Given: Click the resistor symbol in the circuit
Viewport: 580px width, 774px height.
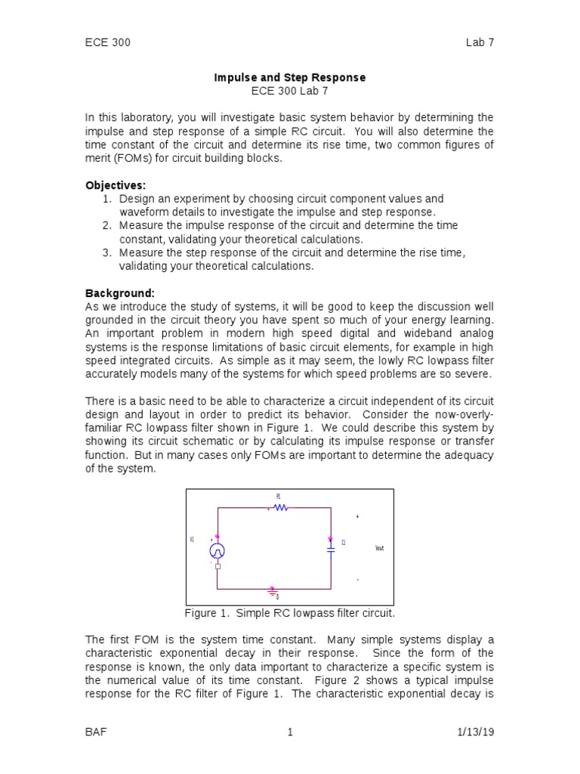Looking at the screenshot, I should pos(280,508).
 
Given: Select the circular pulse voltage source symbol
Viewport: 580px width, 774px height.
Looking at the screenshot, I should pos(217,550).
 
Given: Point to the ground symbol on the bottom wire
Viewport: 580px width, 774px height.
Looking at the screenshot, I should pos(273,591).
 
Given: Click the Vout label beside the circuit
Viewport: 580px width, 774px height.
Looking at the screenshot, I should pos(379,548).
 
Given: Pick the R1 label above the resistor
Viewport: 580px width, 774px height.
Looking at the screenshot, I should pos(278,497).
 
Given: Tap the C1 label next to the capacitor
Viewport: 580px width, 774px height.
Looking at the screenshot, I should pos(343,542).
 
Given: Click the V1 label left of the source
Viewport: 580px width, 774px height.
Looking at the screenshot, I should pos(192,540).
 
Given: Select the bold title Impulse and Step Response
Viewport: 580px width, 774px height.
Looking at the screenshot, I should pos(290,78).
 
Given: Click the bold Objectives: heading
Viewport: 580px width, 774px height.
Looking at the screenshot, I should pos(116,185).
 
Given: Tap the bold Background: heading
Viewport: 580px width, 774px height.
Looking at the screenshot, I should pos(120,293).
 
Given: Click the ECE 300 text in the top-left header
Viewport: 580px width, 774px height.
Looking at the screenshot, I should pos(107,42).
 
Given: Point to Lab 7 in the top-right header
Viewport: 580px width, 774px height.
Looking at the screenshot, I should pos(480,42).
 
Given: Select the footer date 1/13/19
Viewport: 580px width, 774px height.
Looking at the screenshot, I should pos(475,732).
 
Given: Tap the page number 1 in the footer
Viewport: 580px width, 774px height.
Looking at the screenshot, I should pos(289,732).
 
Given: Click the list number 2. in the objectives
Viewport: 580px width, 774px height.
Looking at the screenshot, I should pos(106,225).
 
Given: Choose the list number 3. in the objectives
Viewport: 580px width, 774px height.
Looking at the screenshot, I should pos(106,252).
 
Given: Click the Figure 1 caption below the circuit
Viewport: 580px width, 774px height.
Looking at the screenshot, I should pos(290,612).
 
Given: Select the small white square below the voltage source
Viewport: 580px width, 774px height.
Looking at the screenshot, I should pos(217,566).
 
